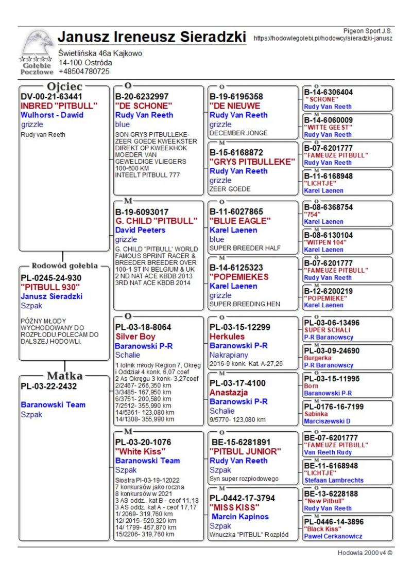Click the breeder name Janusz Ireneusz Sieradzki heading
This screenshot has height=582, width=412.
pos(152,38)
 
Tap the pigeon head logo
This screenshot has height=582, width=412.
pos(37,43)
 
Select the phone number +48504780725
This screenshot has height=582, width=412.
pos(84,72)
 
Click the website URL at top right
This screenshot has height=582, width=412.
pos(323,39)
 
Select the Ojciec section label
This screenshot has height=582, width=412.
pos(64,86)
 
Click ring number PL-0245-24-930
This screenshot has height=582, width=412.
pos(51,278)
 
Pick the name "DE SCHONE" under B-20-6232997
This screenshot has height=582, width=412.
pos(144,106)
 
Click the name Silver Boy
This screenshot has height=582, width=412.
pos(135,337)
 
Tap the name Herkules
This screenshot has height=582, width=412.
pos(227,337)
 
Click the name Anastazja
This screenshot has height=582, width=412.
pos(229,393)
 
